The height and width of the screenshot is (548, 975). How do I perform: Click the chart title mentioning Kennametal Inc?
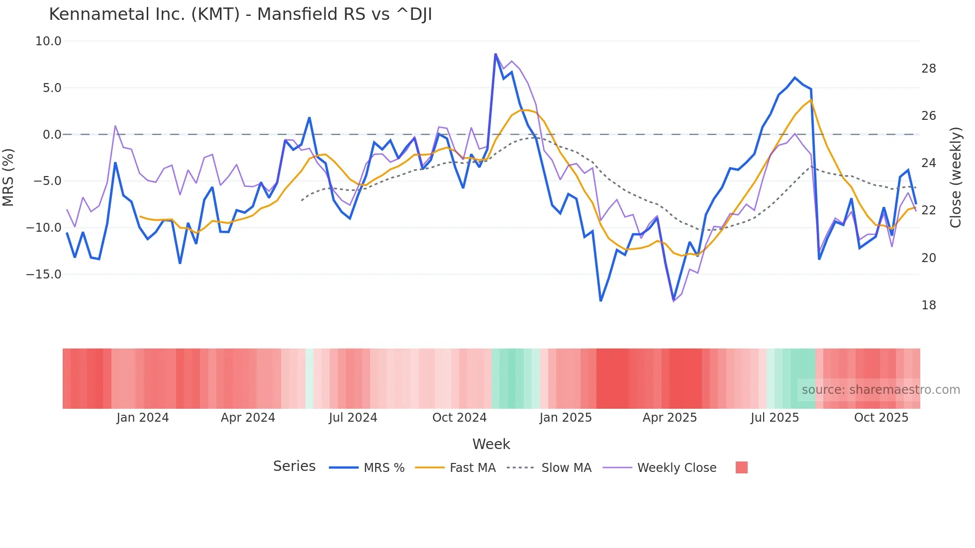240,14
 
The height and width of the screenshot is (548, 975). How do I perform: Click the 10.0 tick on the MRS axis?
48,41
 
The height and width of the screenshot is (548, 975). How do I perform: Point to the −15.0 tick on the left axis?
44,274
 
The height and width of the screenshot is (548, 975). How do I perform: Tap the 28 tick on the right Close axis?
928,69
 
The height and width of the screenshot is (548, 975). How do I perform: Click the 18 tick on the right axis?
928,305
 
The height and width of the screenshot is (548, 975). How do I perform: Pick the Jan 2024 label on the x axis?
143,418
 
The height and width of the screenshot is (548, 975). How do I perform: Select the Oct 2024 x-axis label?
459,418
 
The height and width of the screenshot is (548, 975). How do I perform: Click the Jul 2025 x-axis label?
775,418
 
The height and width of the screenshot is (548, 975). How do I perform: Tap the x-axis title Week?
491,444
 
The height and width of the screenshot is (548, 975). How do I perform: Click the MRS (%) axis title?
8,177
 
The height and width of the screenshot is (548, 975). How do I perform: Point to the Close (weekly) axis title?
956,178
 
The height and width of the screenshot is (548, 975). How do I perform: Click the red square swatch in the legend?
741,467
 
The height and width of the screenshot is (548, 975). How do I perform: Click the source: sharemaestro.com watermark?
880,390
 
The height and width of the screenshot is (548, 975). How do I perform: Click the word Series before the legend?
294,466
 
